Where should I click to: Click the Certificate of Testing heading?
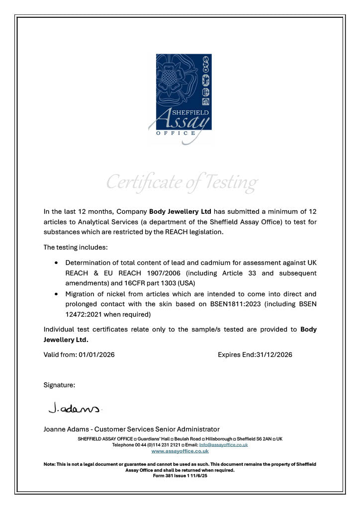click(x=181, y=182)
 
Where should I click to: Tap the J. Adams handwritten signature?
click(x=75, y=408)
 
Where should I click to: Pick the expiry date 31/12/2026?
click(x=274, y=354)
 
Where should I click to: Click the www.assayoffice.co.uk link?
click(x=180, y=451)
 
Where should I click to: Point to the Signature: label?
click(x=59, y=385)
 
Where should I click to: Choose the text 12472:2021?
click(x=84, y=314)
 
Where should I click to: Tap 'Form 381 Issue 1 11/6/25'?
click(x=180, y=475)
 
